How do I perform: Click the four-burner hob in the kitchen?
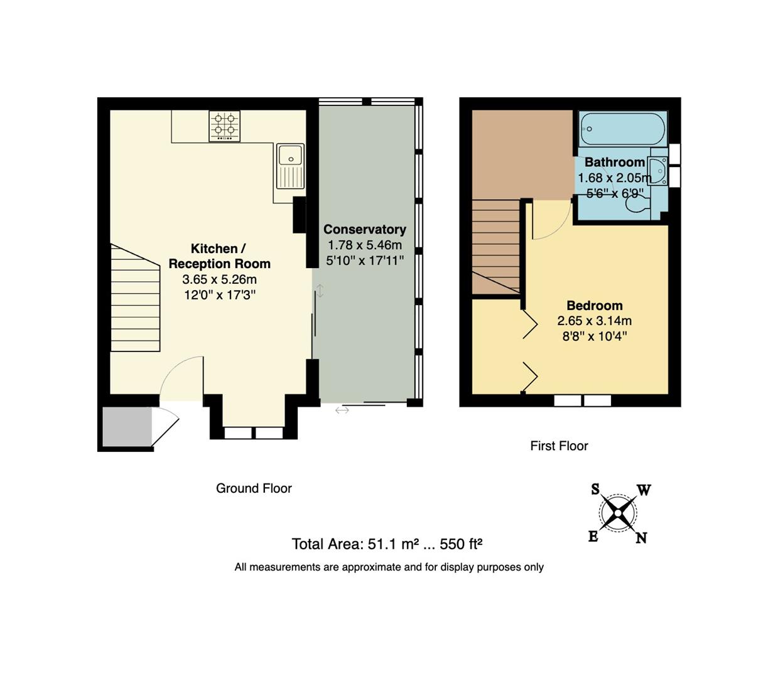pos(224,126)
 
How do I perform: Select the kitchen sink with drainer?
pos(290,166)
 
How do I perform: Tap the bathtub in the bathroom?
pos(623,128)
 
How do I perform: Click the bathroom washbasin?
pos(658,170)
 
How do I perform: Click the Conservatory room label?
pos(364,230)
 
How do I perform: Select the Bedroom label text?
pos(594,306)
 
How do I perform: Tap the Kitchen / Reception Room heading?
pos(219,256)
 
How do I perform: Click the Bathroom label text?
pos(614,162)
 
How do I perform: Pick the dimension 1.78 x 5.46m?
pos(364,245)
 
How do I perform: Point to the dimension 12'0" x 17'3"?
pos(219,294)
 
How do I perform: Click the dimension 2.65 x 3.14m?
pos(594,321)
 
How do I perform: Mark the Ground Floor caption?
pos(254,488)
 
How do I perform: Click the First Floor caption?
pos(559,446)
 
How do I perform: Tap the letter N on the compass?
pos(640,538)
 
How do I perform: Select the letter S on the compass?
pos(595,490)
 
